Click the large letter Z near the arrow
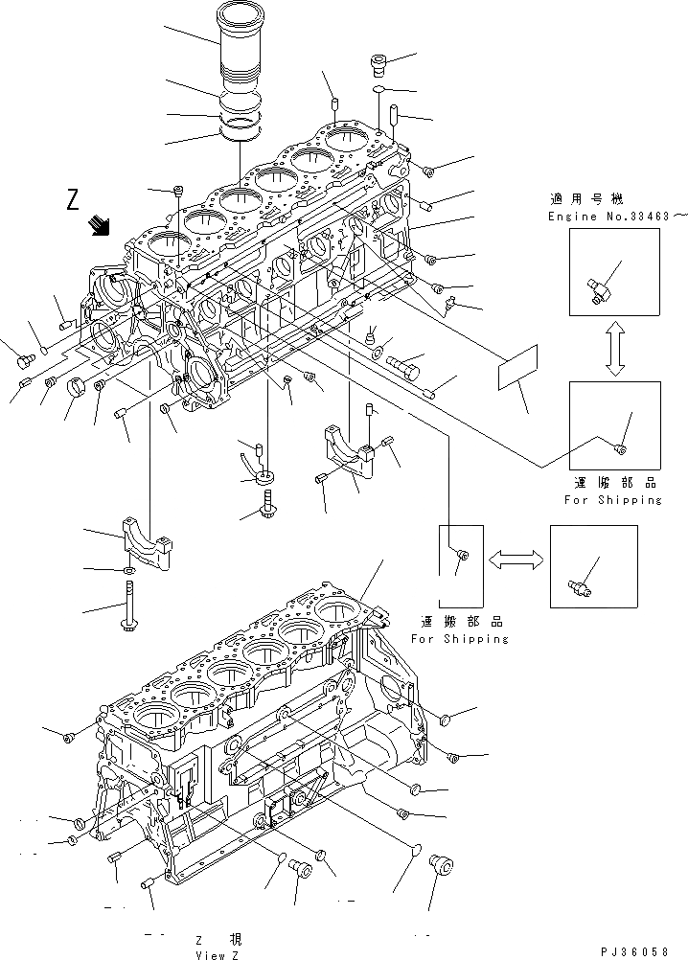coord(72,201)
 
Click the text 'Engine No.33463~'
coord(617,217)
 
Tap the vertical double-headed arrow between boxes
coord(614,349)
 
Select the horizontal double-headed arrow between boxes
coord(516,557)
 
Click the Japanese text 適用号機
coord(586,199)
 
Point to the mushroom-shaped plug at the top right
coord(378,65)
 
